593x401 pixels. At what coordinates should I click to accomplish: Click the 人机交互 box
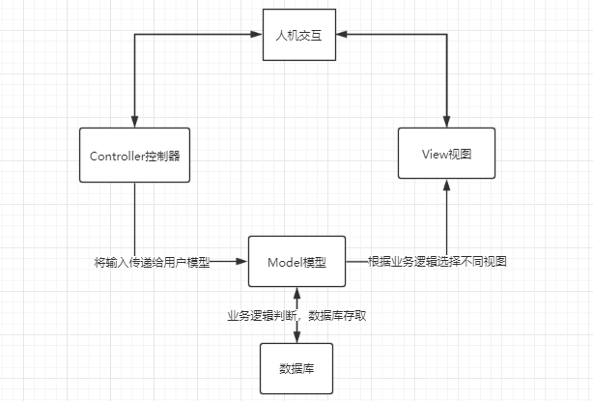pyautogui.click(x=296, y=36)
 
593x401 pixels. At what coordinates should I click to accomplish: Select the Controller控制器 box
pyautogui.click(x=134, y=155)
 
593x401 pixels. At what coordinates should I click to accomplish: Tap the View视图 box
pyautogui.click(x=446, y=154)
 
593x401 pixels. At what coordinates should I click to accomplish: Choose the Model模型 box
pyautogui.click(x=296, y=261)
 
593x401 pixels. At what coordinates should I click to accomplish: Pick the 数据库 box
pyautogui.click(x=296, y=368)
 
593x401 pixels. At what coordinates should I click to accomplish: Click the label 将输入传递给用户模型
pyautogui.click(x=152, y=262)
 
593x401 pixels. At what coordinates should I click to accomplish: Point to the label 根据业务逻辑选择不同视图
pyautogui.click(x=438, y=262)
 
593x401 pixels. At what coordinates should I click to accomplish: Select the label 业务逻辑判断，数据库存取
pyautogui.click(x=296, y=315)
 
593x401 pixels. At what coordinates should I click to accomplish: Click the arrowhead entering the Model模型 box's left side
pyautogui.click(x=242, y=261)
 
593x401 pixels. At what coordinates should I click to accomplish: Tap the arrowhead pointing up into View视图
pyautogui.click(x=446, y=186)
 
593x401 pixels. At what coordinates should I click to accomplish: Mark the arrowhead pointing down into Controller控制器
pyautogui.click(x=134, y=122)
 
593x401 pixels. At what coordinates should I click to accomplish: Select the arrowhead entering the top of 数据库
pyautogui.click(x=296, y=337)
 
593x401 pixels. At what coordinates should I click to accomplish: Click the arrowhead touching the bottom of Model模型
pyautogui.click(x=296, y=293)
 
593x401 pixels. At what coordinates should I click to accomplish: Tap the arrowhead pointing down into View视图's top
pyautogui.click(x=446, y=122)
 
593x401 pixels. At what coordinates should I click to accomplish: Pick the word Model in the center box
pyautogui.click(x=285, y=261)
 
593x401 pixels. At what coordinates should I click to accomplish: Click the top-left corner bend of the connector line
pyautogui.click(x=134, y=36)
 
